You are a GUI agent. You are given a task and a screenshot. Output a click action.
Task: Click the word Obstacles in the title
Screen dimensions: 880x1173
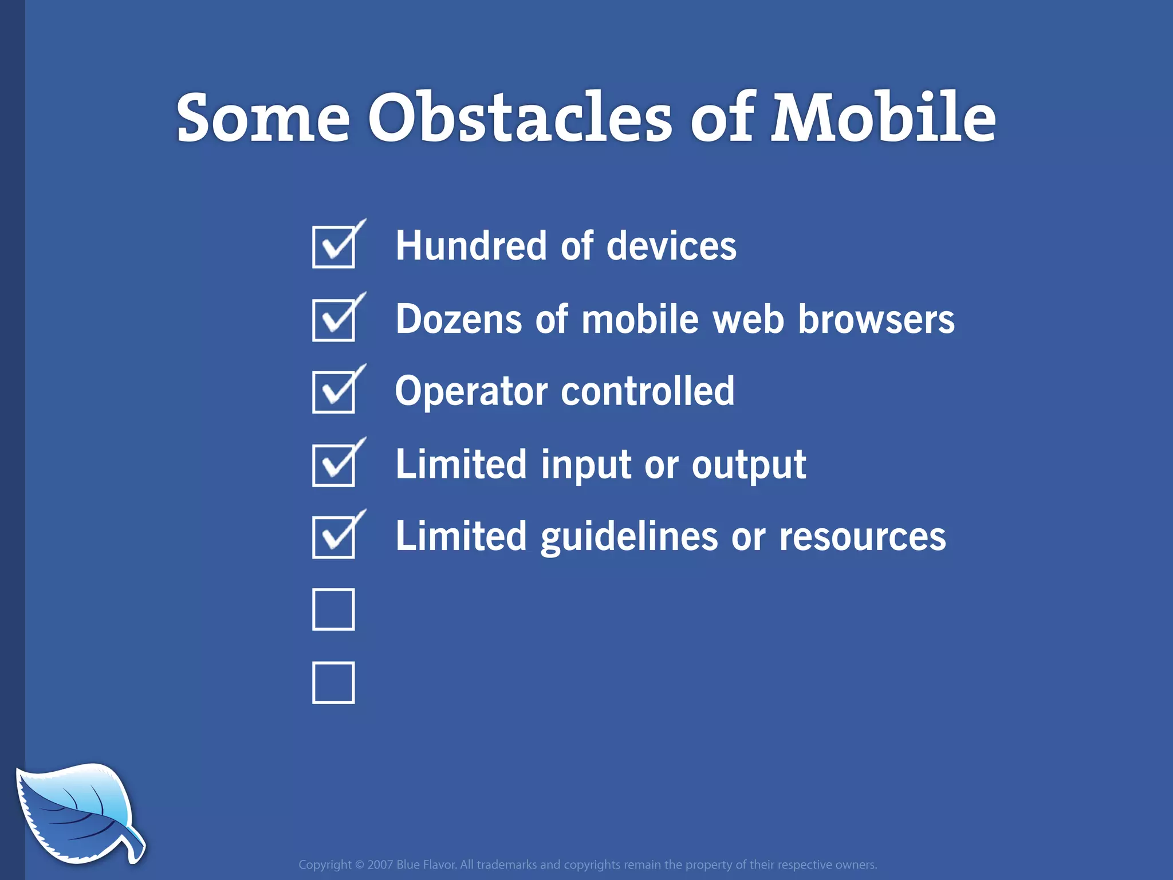pyautogui.click(x=519, y=118)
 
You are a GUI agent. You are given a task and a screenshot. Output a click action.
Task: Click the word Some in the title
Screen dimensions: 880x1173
pyautogui.click(x=263, y=119)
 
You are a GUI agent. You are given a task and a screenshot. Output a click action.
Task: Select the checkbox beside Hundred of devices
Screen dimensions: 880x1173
pyautogui.click(x=333, y=247)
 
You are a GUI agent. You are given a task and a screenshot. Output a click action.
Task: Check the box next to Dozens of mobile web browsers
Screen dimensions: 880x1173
pyautogui.click(x=333, y=320)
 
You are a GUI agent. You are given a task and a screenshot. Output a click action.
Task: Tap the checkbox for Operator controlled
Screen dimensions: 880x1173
pyautogui.click(x=333, y=392)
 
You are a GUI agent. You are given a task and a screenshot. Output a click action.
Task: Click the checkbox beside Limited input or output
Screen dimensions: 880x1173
pyautogui.click(x=333, y=465)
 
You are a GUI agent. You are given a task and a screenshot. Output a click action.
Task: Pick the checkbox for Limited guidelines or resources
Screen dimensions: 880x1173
pyautogui.click(x=333, y=537)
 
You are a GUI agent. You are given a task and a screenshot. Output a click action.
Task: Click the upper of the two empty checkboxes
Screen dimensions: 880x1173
pyautogui.click(x=333, y=610)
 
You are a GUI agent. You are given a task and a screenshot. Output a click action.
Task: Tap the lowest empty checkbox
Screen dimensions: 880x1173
pyautogui.click(x=333, y=682)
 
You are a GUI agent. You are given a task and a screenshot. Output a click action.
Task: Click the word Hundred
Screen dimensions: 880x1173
pyautogui.click(x=470, y=246)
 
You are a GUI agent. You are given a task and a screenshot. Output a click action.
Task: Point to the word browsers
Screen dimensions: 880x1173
pyautogui.click(x=876, y=319)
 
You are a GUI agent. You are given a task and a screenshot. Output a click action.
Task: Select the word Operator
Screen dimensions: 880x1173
pyautogui.click(x=471, y=392)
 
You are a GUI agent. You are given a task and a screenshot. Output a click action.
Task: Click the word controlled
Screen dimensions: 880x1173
pyautogui.click(x=647, y=391)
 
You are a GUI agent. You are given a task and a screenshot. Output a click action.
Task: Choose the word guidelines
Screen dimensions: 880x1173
pyautogui.click(x=628, y=537)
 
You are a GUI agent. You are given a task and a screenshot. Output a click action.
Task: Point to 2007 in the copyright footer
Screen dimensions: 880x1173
pyautogui.click(x=380, y=865)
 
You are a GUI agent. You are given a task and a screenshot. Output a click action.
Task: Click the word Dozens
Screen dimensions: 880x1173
pyautogui.click(x=458, y=319)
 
